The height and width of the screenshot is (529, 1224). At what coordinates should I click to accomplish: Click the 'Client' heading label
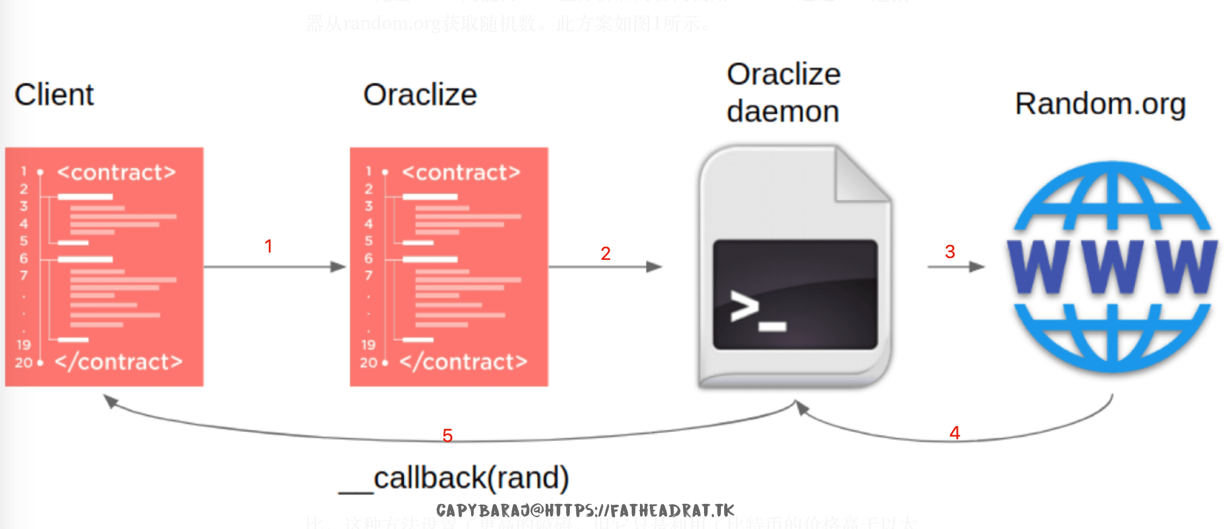click(x=54, y=95)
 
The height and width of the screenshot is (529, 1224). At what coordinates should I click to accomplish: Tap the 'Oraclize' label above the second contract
click(x=420, y=95)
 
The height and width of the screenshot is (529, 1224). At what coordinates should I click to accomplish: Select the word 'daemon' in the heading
click(x=783, y=112)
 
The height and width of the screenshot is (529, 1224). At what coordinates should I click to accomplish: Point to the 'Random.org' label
click(x=1100, y=104)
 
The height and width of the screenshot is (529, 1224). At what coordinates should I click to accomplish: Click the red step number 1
click(x=268, y=246)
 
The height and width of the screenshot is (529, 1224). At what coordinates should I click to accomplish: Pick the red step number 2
click(x=605, y=254)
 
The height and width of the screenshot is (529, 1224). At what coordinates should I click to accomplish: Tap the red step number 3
click(x=950, y=252)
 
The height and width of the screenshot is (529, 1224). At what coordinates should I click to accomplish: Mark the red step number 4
click(x=954, y=432)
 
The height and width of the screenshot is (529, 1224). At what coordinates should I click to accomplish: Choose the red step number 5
click(x=447, y=436)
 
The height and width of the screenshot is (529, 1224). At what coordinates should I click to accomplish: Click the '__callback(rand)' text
click(x=454, y=478)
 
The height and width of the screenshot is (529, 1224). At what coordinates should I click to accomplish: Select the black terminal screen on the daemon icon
click(x=795, y=294)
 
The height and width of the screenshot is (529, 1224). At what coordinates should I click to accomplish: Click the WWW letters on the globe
click(x=1112, y=267)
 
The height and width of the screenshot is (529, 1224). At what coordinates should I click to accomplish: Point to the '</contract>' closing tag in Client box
click(x=119, y=362)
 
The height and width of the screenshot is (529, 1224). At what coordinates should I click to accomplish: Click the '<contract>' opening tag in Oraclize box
click(x=461, y=173)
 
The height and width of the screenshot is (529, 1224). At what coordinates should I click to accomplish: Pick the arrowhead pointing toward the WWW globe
click(x=977, y=267)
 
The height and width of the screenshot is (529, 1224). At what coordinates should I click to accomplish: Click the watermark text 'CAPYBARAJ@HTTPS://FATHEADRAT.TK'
click(x=585, y=511)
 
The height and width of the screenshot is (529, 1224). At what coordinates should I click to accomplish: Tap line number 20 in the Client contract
click(x=23, y=363)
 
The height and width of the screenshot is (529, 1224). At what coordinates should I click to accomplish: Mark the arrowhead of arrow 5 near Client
click(x=110, y=401)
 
